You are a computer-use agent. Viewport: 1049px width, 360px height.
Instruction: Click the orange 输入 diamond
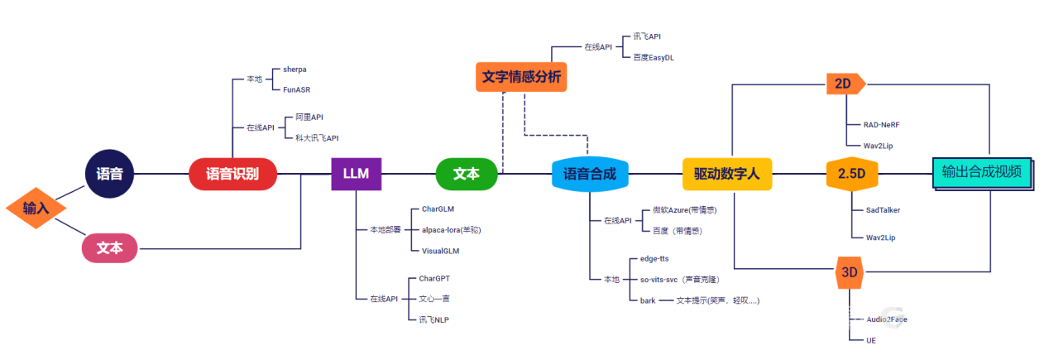pyautogui.click(x=36, y=208)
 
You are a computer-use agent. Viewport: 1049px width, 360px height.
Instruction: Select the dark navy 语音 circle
pyautogui.click(x=109, y=174)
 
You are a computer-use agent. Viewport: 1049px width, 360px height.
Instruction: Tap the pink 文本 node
pyautogui.click(x=109, y=247)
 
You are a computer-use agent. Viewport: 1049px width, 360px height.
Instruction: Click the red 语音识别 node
pyautogui.click(x=232, y=175)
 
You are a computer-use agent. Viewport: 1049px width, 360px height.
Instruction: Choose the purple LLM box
pyautogui.click(x=356, y=174)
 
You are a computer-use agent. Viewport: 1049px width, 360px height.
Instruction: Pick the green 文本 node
pyautogui.click(x=466, y=174)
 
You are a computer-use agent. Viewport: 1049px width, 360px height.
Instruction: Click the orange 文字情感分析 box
pyautogui.click(x=521, y=77)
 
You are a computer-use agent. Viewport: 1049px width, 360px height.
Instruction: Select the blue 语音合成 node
pyautogui.click(x=589, y=175)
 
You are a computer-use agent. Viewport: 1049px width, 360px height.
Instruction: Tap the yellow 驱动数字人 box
pyautogui.click(x=726, y=174)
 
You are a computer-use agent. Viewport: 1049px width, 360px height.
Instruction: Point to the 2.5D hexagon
pyautogui.click(x=851, y=174)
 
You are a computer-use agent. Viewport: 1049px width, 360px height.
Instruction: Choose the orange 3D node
pyautogui.click(x=849, y=272)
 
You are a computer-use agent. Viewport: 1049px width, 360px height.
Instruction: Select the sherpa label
pyautogui.click(x=295, y=70)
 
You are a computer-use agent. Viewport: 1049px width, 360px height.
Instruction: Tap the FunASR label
pyautogui.click(x=296, y=89)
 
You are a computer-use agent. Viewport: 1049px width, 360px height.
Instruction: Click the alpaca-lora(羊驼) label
pyautogui.click(x=452, y=229)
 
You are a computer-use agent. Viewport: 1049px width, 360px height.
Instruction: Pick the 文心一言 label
pyautogui.click(x=434, y=298)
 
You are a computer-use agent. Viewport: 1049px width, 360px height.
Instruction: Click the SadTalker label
pyautogui.click(x=883, y=210)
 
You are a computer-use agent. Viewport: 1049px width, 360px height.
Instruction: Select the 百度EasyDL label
pyautogui.click(x=654, y=57)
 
